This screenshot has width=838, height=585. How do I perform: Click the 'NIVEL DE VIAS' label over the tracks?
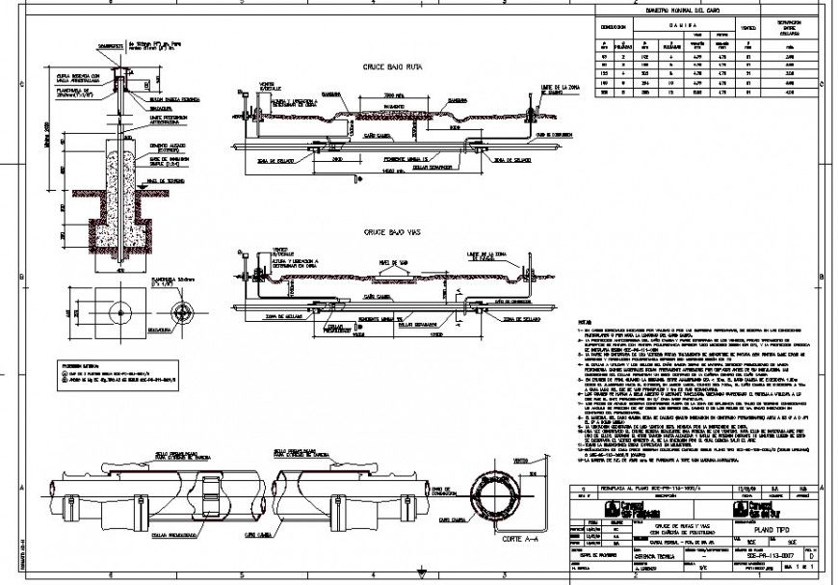(x=395, y=263)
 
